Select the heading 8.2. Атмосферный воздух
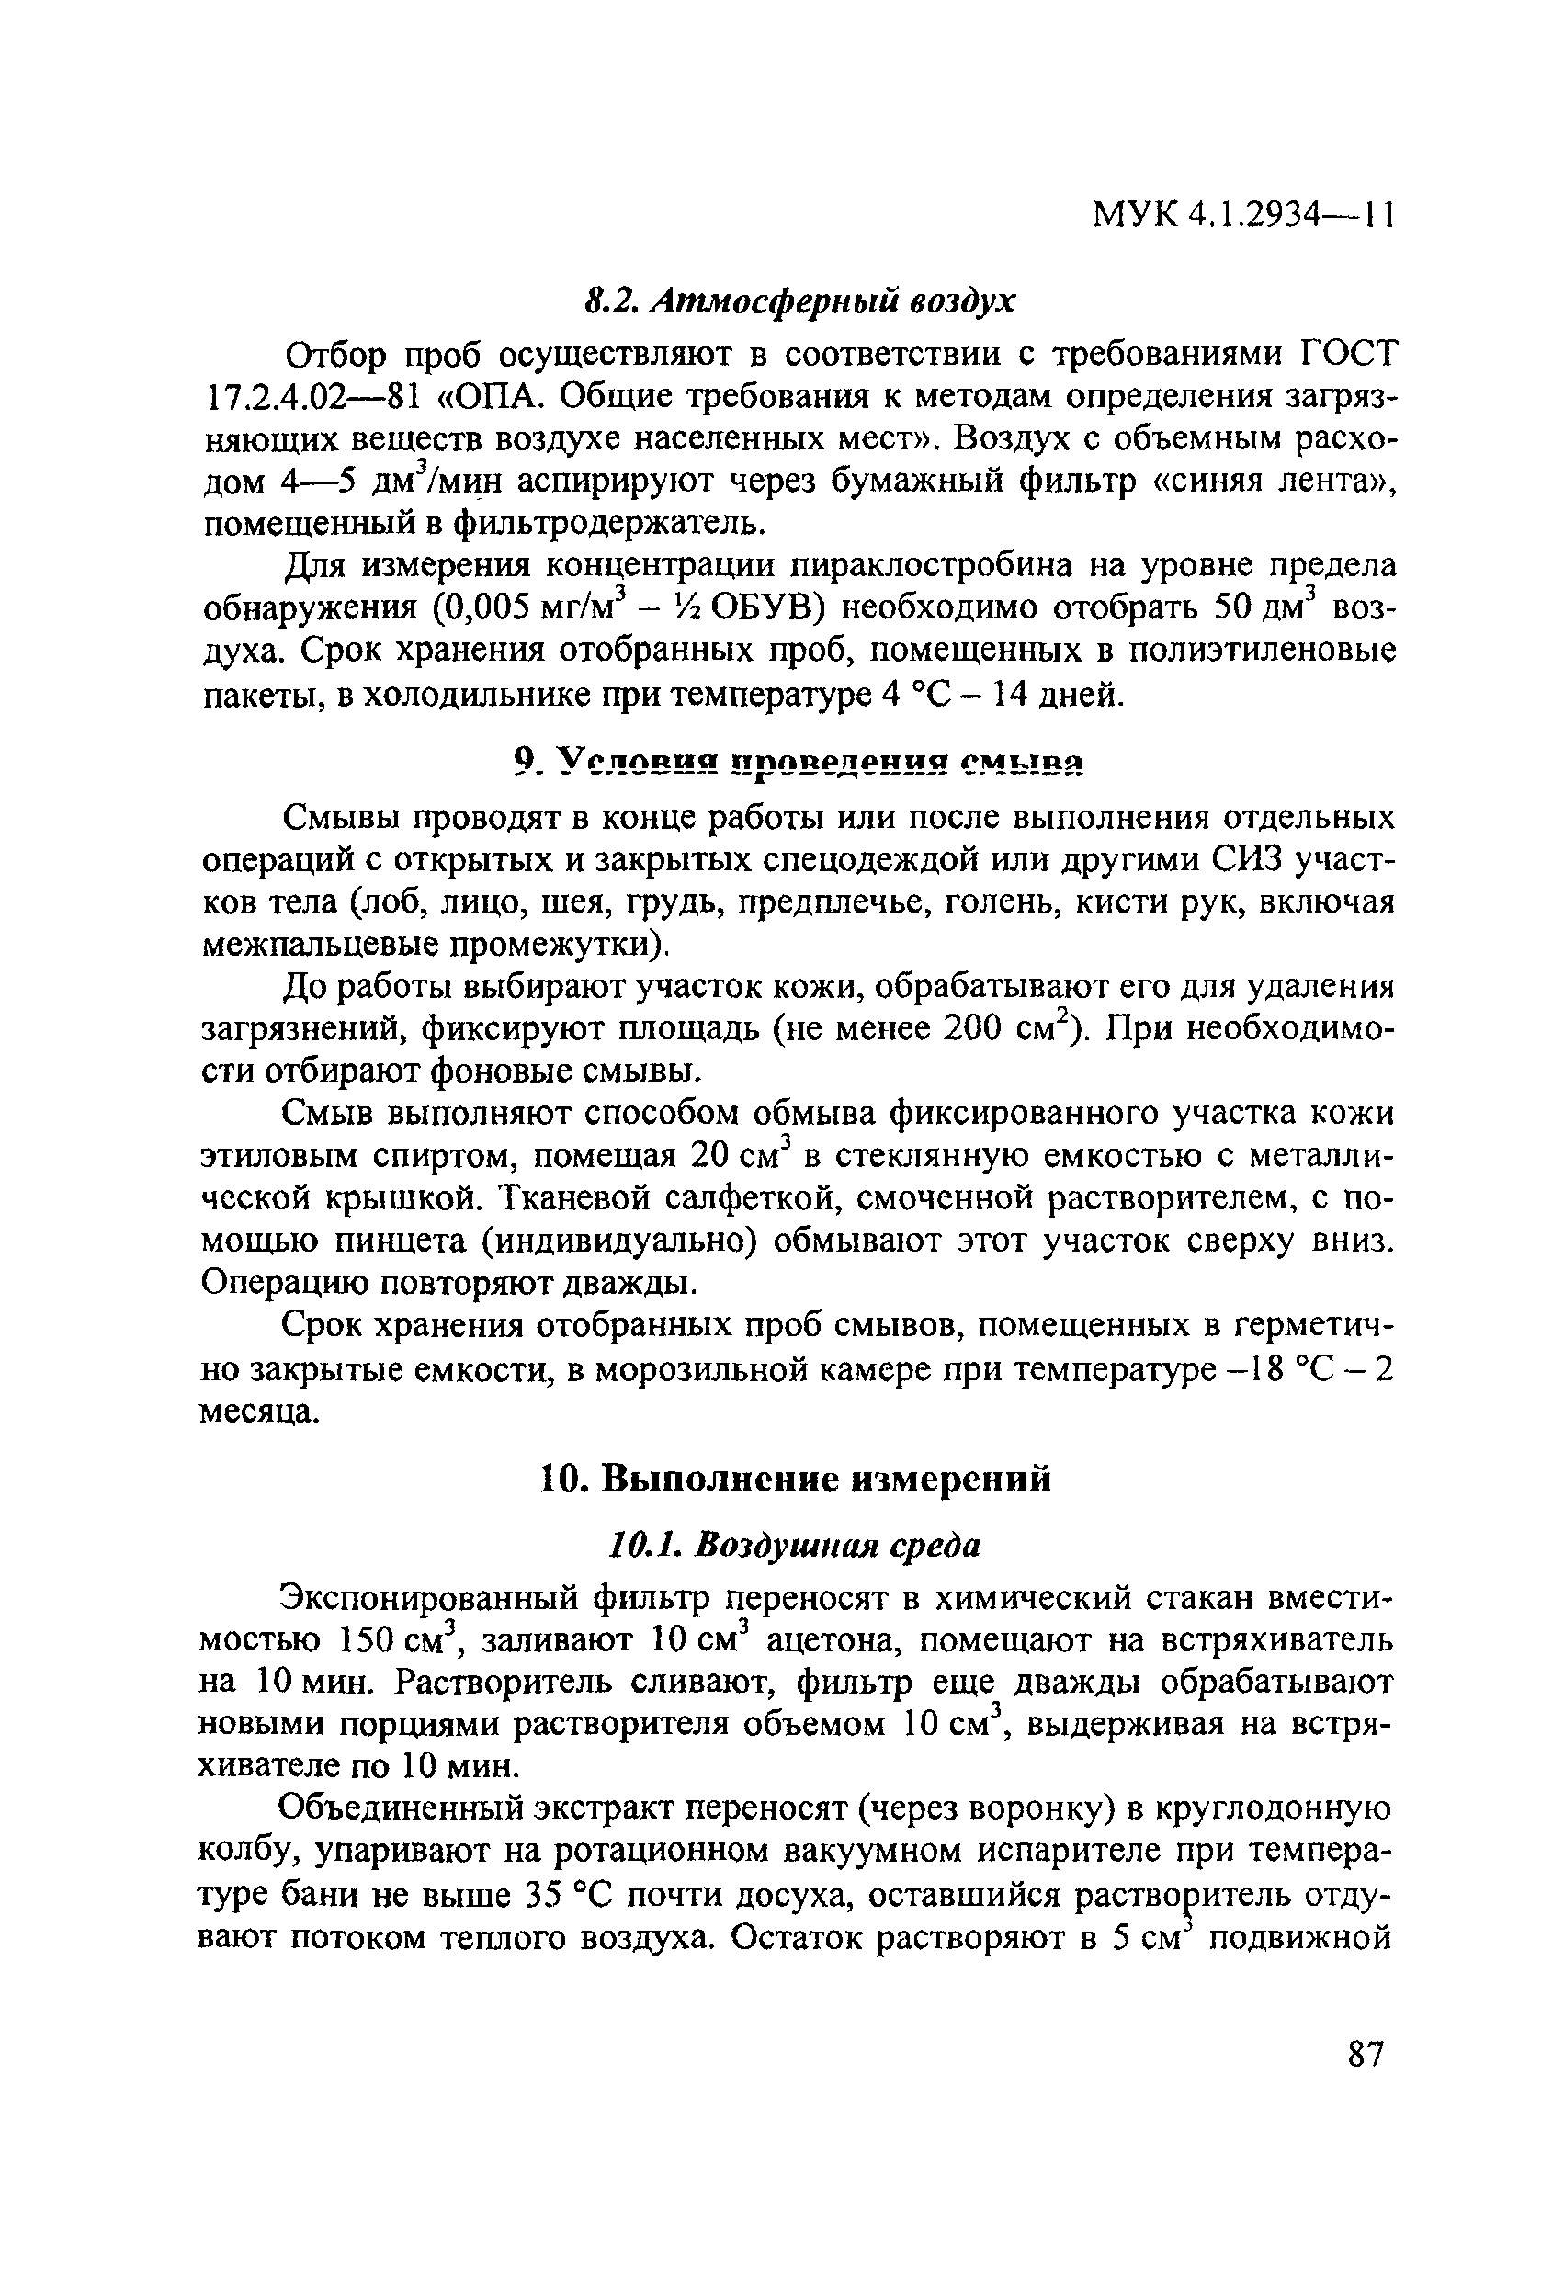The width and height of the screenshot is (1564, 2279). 799,302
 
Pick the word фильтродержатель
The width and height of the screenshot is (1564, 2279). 609,525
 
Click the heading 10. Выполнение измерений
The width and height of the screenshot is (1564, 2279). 795,1479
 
